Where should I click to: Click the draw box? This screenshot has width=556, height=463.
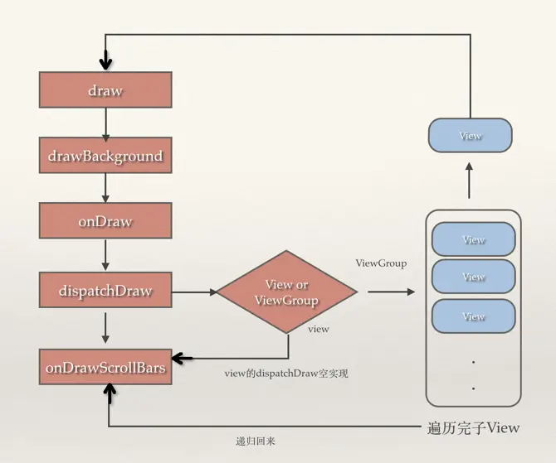pyautogui.click(x=105, y=90)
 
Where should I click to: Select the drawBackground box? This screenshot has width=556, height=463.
pyautogui.click(x=105, y=156)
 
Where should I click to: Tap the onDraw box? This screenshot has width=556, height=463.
pyautogui.click(x=105, y=222)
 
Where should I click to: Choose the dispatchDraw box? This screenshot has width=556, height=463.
pyautogui.click(x=105, y=292)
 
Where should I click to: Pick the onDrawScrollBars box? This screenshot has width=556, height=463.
pyautogui.click(x=105, y=367)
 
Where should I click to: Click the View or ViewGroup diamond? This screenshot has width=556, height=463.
pyautogui.click(x=285, y=292)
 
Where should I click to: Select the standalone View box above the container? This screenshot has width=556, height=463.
pyautogui.click(x=470, y=135)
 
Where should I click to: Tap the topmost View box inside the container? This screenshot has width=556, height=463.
pyautogui.click(x=473, y=239)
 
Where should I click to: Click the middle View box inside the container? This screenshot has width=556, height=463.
pyautogui.click(x=473, y=277)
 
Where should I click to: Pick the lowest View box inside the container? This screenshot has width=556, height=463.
pyautogui.click(x=473, y=316)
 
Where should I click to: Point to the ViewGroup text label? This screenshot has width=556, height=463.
pyautogui.click(x=381, y=263)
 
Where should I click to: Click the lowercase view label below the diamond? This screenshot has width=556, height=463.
pyautogui.click(x=319, y=329)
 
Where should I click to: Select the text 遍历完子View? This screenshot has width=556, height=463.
pyautogui.click(x=472, y=427)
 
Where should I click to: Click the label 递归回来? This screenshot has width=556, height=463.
pyautogui.click(x=256, y=441)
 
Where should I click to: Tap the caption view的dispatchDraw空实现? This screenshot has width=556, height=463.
pyautogui.click(x=285, y=374)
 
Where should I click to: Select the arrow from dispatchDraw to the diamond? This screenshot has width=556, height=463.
pyautogui.click(x=193, y=292)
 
